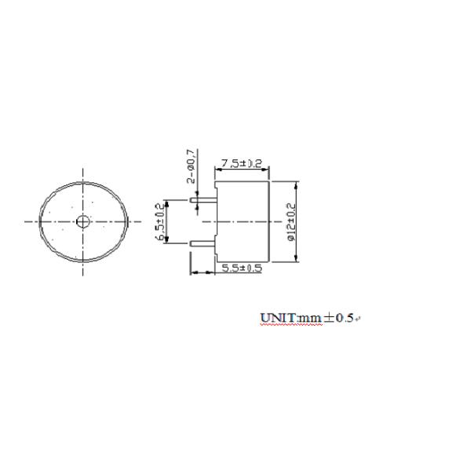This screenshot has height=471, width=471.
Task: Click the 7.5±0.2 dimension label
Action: (x=241, y=163)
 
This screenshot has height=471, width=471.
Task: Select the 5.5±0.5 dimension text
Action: (x=241, y=268)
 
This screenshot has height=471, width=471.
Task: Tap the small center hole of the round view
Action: (x=83, y=222)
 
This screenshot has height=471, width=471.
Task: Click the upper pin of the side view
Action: (x=203, y=199)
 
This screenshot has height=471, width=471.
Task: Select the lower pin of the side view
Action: (x=203, y=243)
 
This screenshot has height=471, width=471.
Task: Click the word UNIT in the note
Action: (x=276, y=318)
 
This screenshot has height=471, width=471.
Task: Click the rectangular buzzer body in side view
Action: (x=243, y=222)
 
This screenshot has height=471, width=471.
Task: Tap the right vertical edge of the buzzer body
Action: (x=270, y=222)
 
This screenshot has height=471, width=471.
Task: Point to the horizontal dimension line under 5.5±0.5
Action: (x=228, y=273)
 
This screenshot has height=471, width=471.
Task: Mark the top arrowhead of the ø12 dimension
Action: (x=297, y=184)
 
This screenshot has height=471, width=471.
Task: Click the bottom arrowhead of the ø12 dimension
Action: (x=297, y=260)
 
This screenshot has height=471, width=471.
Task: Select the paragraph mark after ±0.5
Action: (x=358, y=319)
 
